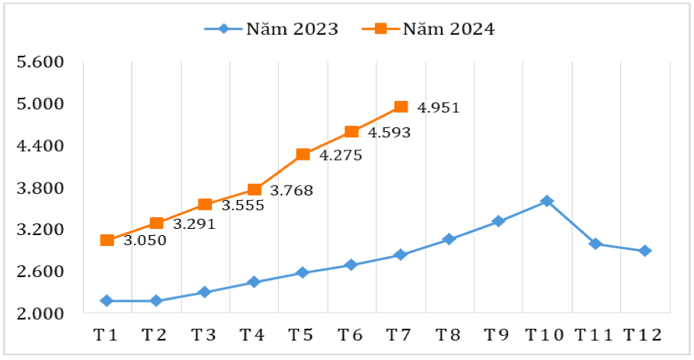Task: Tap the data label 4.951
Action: tap(439, 108)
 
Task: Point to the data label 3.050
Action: tap(145, 240)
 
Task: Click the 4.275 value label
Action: tap(341, 155)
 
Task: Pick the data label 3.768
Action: tap(291, 190)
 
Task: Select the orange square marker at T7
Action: tap(401, 107)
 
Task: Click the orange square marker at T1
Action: tap(107, 241)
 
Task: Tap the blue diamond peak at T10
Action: tap(547, 201)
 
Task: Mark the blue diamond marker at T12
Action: tap(644, 251)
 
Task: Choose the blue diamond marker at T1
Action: tap(107, 300)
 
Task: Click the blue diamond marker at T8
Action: tap(449, 239)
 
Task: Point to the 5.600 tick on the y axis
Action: tap(40, 62)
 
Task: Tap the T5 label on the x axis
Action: tap(301, 335)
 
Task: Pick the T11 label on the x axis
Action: tap(595, 335)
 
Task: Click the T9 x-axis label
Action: tap(497, 335)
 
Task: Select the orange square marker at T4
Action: tap(254, 189)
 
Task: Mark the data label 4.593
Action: tap(389, 133)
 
